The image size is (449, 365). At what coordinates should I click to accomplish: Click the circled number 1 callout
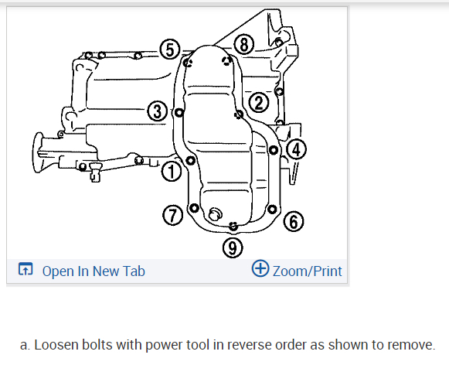coord(172,172)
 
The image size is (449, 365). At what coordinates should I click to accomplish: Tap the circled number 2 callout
coord(259,103)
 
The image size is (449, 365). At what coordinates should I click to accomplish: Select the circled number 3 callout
coord(158,111)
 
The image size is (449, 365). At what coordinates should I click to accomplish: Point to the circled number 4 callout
coord(296,149)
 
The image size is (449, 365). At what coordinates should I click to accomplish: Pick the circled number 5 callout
coord(170,49)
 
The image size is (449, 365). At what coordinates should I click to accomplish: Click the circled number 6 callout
coord(294,221)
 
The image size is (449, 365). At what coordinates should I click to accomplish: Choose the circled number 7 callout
coord(172,215)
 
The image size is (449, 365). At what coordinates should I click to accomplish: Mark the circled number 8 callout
coord(244,45)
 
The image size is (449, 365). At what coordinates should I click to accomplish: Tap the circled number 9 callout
coord(233,247)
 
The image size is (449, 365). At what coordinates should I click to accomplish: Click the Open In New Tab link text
coord(94,271)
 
